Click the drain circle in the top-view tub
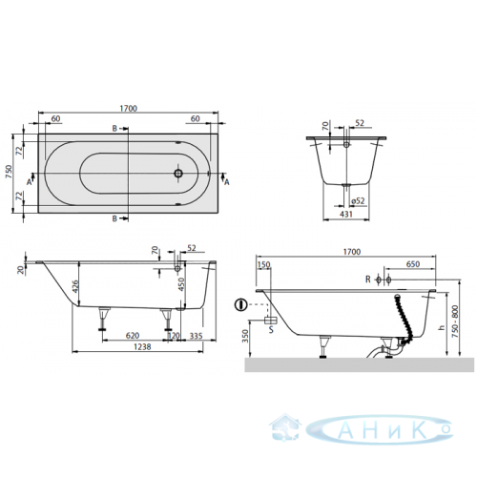tap(178, 174)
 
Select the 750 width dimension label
tap(9, 172)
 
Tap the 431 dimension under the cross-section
tap(346, 215)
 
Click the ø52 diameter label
tap(358, 201)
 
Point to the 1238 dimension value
tap(142, 346)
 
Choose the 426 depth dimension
tap(75, 287)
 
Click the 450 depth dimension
tap(181, 284)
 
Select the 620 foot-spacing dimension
tap(133, 336)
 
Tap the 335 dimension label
tap(197, 336)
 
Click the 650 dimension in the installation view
tap(413, 264)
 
